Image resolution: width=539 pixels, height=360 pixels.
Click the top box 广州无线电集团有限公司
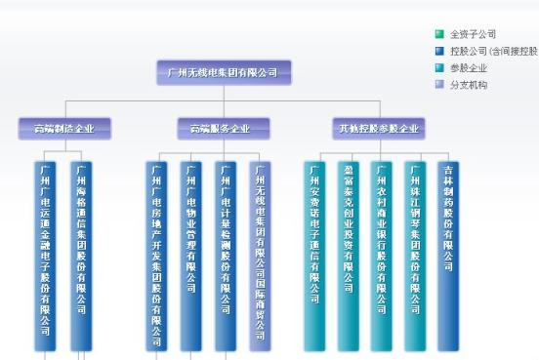224,72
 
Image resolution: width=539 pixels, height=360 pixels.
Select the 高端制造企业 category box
64,129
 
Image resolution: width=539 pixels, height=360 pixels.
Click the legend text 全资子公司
473,34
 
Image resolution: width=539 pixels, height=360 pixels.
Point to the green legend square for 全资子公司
439,34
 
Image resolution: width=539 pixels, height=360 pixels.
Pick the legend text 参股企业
469,68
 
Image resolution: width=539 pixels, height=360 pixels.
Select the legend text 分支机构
469,85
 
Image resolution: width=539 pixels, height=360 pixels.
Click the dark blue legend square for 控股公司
439,51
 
